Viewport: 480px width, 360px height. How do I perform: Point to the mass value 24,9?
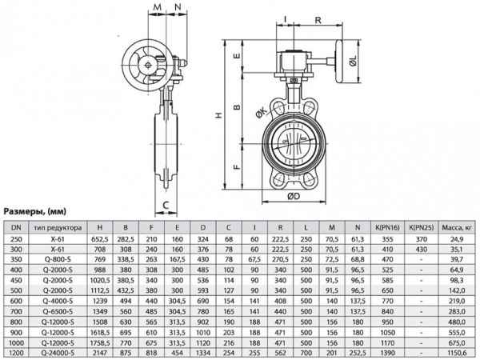point(458,238)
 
